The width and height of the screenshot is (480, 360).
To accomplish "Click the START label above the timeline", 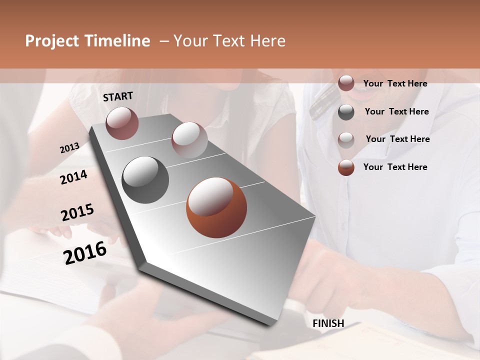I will [x=118, y=96].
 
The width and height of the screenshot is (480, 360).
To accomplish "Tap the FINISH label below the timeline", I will [x=328, y=323].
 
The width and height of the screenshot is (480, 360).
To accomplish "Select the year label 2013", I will [x=69, y=148].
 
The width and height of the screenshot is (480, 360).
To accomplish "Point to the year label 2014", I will [x=73, y=177].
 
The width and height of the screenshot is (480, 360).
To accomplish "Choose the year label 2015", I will [x=77, y=212].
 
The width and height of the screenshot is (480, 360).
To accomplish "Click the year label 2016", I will [x=85, y=252].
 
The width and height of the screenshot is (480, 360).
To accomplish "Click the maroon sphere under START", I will [x=122, y=123].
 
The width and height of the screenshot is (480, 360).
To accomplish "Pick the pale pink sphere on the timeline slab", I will [x=189, y=139].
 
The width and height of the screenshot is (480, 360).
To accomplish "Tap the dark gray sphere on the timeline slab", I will [x=145, y=179].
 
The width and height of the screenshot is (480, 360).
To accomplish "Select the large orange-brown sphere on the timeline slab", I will [x=216, y=207].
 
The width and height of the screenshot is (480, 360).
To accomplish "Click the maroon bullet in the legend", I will [x=346, y=83].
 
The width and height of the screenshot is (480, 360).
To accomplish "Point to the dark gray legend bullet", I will [x=346, y=111].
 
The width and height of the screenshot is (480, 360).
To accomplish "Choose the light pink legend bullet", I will [x=346, y=139].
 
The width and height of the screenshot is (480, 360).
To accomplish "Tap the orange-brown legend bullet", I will [x=346, y=167].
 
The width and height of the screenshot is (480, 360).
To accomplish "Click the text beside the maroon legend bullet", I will [x=395, y=83].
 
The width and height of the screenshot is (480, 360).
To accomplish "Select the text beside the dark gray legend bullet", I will [x=396, y=111].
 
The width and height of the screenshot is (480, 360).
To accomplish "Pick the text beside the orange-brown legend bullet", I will [x=395, y=167].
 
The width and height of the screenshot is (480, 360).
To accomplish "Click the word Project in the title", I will [x=52, y=41].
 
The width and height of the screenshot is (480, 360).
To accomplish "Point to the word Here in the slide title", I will [x=267, y=41].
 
